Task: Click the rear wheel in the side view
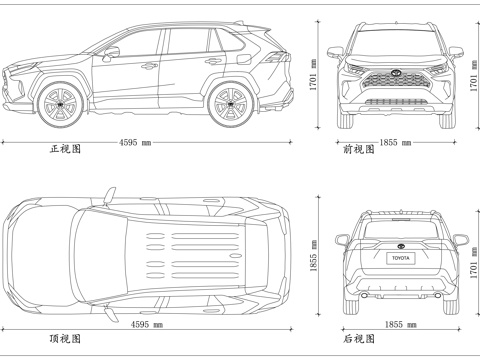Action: tap(230, 100)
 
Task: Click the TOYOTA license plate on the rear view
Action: tap(399, 258)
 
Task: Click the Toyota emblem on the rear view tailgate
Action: tap(399, 243)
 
